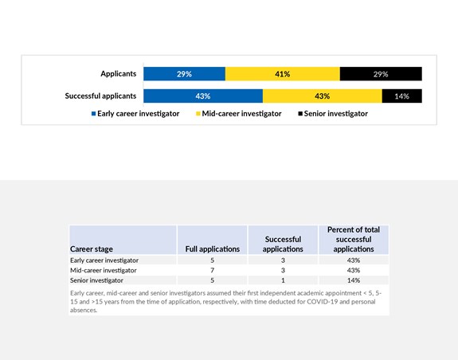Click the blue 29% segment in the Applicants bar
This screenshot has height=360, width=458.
tap(184, 74)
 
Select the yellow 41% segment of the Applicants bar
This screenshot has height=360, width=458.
tap(283, 74)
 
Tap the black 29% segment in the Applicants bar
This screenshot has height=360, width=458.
tap(381, 74)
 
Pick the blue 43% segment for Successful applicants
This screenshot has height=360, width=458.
tap(202, 96)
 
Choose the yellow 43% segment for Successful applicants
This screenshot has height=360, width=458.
tap(323, 96)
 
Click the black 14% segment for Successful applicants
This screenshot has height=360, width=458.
tap(402, 96)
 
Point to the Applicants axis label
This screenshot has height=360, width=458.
tap(118, 74)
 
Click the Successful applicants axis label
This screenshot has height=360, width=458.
tap(100, 96)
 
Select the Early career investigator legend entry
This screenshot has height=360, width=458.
tap(135, 114)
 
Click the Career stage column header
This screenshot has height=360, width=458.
tap(92, 248)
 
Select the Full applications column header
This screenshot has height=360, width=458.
tap(212, 248)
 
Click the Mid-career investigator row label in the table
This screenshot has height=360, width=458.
tap(103, 270)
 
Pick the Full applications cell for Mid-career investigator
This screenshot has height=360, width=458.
tap(212, 270)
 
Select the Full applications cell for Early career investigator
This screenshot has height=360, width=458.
tap(212, 260)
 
